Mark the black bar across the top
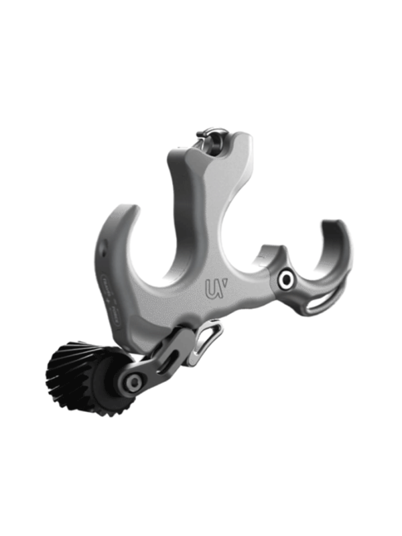(201, 37)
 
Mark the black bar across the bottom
(201, 499)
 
